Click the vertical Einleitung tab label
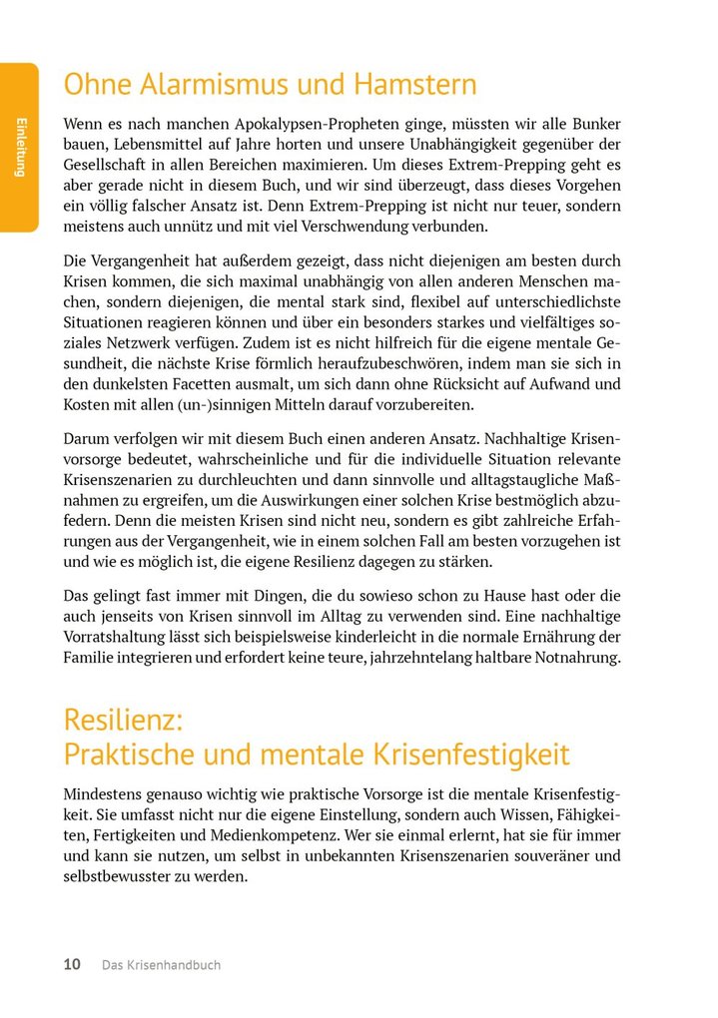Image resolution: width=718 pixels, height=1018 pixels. [x=19, y=147]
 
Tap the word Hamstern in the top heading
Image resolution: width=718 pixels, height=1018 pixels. [x=411, y=85]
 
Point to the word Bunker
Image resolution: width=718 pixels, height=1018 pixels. [x=594, y=124]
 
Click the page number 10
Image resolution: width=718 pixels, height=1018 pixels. [x=72, y=965]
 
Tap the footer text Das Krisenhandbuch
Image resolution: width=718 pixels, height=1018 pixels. [x=161, y=965]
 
